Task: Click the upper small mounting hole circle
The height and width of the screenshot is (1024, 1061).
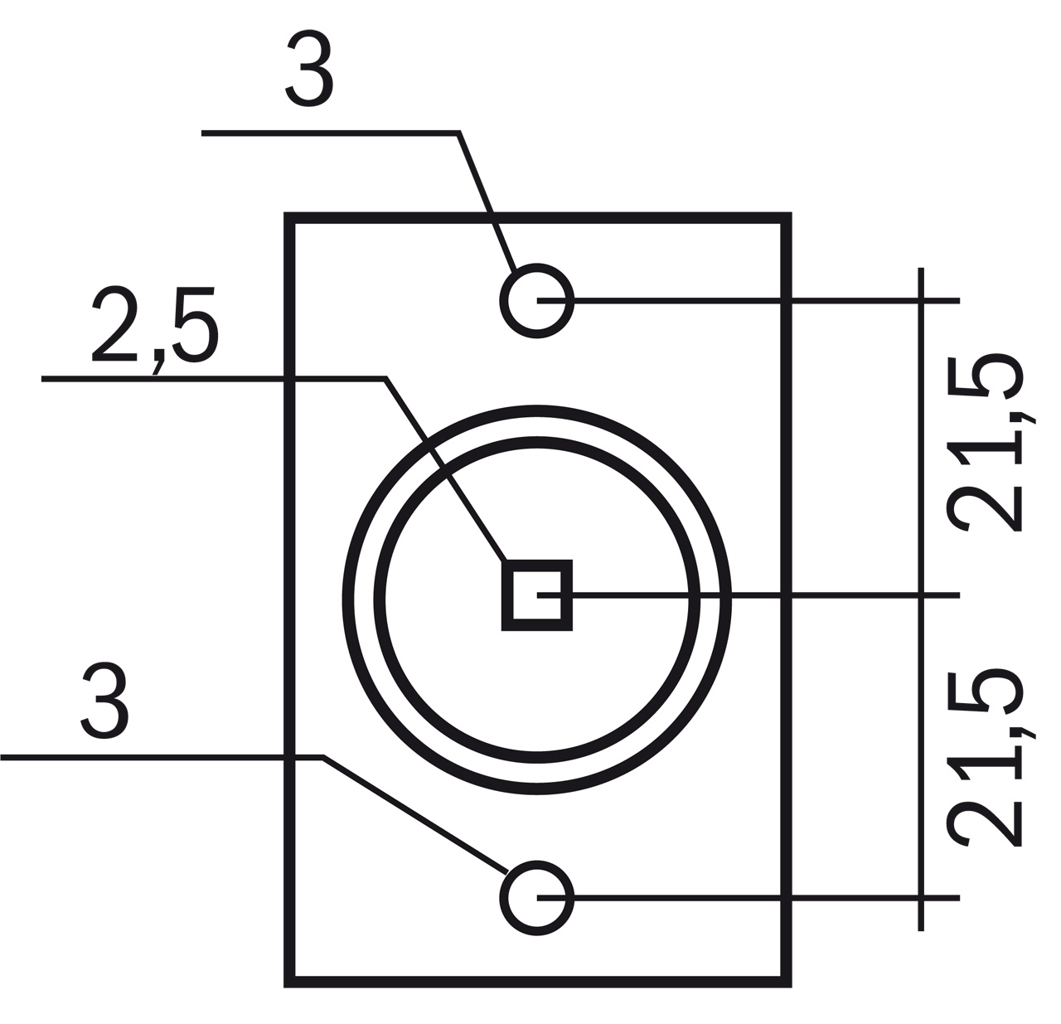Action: coord(537,300)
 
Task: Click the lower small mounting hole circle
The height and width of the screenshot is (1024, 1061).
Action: coord(537,898)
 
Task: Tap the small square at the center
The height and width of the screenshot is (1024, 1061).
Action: coord(537,595)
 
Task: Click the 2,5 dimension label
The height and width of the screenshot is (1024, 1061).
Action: coord(155,327)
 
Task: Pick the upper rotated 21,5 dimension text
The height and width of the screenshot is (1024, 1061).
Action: coord(987,444)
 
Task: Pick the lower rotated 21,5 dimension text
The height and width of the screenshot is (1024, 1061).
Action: coord(987,758)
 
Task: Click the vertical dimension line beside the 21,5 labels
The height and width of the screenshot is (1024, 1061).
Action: coord(920,448)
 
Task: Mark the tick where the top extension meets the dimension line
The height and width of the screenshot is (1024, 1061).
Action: coord(920,300)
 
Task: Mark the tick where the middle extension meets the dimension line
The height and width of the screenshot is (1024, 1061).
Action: coord(920,595)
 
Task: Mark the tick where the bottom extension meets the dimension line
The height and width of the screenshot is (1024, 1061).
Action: coord(920,898)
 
